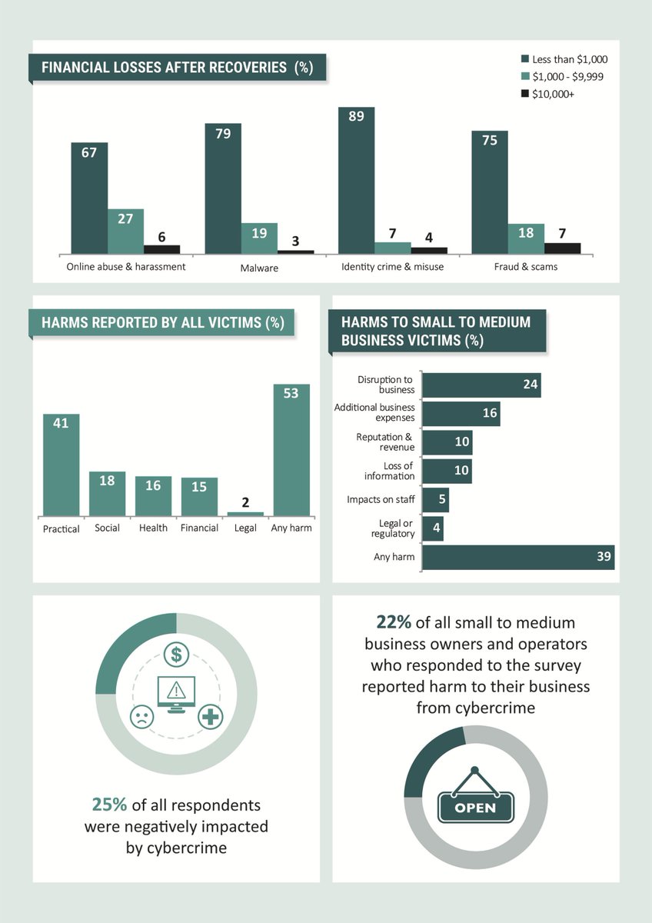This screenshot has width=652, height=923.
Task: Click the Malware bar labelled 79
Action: (222, 188)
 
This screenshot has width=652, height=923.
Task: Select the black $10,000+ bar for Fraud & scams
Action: (562, 248)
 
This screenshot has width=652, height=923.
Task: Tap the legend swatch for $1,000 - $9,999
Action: (525, 76)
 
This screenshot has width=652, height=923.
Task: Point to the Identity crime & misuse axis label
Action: (392, 268)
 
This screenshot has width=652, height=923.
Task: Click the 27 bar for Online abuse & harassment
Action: (125, 231)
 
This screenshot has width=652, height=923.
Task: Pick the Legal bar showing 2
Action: (245, 513)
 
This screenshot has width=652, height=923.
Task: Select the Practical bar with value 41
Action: (61, 465)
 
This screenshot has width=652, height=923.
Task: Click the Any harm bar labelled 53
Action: (291, 449)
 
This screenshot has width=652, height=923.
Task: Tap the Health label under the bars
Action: (153, 528)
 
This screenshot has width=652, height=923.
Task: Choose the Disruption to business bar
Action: (481, 385)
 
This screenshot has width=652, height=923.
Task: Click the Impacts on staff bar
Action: (436, 500)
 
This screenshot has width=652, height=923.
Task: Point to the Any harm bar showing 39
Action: (518, 557)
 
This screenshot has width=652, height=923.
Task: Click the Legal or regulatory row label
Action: (393, 528)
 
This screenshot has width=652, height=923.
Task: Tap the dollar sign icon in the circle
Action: (177, 655)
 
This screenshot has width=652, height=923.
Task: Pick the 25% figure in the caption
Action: (110, 805)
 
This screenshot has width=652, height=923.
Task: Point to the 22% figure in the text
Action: (393, 621)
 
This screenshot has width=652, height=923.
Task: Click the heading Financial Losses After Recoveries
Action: (177, 67)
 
